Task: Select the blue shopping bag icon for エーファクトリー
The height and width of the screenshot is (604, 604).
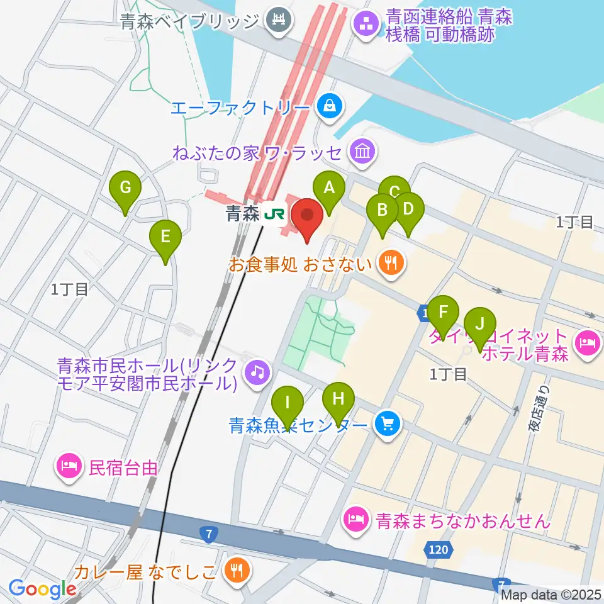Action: click(330, 107)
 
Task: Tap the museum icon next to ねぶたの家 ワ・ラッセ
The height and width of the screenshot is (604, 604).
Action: click(363, 151)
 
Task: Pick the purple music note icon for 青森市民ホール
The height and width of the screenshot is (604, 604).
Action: click(257, 370)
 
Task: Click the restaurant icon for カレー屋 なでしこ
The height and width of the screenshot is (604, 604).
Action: click(238, 571)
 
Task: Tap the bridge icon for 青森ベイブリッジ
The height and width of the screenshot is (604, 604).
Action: click(276, 21)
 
